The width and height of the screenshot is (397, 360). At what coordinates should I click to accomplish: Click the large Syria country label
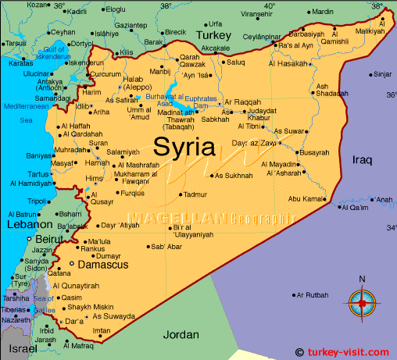[x=186, y=146]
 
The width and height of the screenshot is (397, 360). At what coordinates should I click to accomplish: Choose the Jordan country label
[x=181, y=334]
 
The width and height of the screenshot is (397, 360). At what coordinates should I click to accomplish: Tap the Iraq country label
[x=363, y=159]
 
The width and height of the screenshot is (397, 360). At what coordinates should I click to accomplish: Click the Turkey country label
[x=214, y=36]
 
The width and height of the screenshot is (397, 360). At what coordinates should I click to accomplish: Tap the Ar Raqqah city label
[x=241, y=102]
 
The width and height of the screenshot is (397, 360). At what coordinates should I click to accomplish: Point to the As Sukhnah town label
[x=234, y=176]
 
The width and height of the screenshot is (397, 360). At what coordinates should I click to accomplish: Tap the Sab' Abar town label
[x=166, y=247]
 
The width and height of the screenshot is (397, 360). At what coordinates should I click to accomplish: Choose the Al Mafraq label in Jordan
[x=77, y=344]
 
